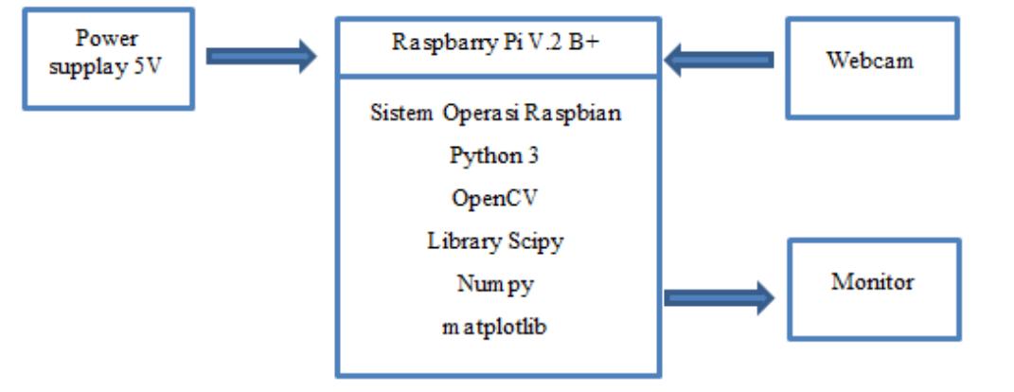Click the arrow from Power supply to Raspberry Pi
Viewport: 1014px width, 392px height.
[261, 56]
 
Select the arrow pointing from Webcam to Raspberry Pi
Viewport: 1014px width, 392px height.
[719, 61]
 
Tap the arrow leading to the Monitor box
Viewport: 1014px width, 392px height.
[720, 298]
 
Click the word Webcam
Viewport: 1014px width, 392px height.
[870, 61]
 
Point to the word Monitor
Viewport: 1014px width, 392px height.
[872, 282]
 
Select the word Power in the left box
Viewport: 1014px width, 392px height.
[107, 38]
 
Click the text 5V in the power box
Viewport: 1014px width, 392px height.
[147, 67]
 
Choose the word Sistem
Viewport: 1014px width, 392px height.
[401, 113]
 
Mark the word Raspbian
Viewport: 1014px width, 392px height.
[572, 114]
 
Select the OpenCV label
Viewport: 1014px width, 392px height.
[494, 199]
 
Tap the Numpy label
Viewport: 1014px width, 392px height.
[495, 285]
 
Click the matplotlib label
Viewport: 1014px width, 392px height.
[494, 327]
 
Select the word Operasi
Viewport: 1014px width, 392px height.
[481, 114]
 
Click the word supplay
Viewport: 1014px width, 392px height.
[89, 68]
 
